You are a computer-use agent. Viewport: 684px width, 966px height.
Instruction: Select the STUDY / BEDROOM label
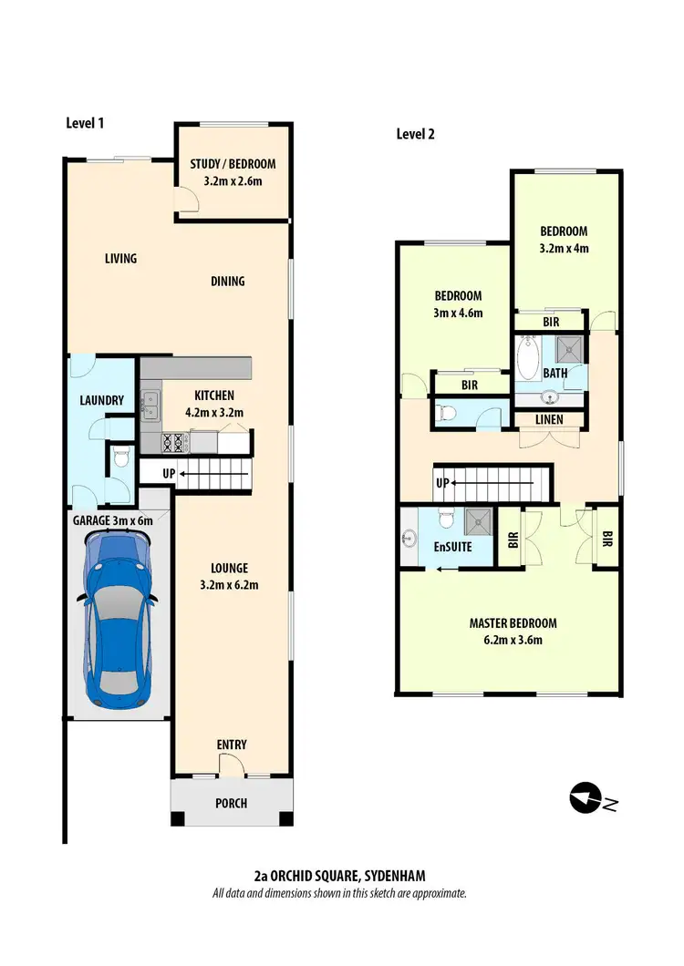pyautogui.click(x=233, y=164)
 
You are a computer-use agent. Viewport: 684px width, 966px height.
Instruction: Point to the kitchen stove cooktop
pyautogui.click(x=174, y=443)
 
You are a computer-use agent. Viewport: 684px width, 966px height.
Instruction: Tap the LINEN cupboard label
pyautogui.click(x=549, y=420)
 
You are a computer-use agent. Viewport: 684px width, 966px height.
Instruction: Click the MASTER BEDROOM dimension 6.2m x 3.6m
pyautogui.click(x=513, y=640)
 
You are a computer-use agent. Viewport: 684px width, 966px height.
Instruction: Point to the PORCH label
pyautogui.click(x=231, y=803)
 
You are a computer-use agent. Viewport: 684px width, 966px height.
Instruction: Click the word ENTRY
pyautogui.click(x=232, y=745)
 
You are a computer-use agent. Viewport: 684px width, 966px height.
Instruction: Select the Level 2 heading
pyautogui.click(x=415, y=134)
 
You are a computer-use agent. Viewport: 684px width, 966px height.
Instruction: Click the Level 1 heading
pyautogui.click(x=85, y=123)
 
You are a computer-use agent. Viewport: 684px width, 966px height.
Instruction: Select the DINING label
pyautogui.click(x=228, y=281)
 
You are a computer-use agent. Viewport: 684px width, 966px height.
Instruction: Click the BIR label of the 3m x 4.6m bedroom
pyautogui.click(x=470, y=385)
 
